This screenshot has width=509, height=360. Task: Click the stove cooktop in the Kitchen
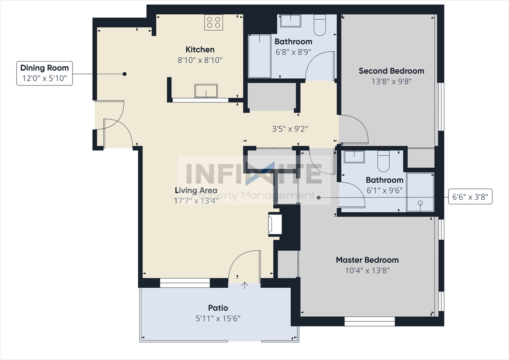point(213,22)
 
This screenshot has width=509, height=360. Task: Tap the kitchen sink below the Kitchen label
point(206,91)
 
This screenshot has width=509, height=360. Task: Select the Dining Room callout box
point(45,73)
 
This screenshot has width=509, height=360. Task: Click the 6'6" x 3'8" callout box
point(470,196)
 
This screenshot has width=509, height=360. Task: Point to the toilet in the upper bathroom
point(320,25)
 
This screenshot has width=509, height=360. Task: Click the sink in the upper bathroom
point(290,21)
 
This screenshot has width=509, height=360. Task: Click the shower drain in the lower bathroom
point(420,203)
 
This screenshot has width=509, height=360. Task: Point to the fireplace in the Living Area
point(275,225)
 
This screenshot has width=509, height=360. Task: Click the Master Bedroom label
point(367,260)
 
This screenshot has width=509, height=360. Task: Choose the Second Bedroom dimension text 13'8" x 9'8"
point(391,81)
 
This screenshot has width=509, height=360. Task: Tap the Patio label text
point(218,308)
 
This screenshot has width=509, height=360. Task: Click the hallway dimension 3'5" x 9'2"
point(290,129)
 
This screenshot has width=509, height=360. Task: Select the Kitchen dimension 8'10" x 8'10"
point(200,60)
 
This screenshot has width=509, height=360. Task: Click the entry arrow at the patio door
point(245,285)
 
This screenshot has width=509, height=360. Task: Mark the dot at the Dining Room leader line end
point(124,74)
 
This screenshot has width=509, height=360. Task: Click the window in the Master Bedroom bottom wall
point(369,321)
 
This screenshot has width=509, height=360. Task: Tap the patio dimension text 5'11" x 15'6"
point(218,318)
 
